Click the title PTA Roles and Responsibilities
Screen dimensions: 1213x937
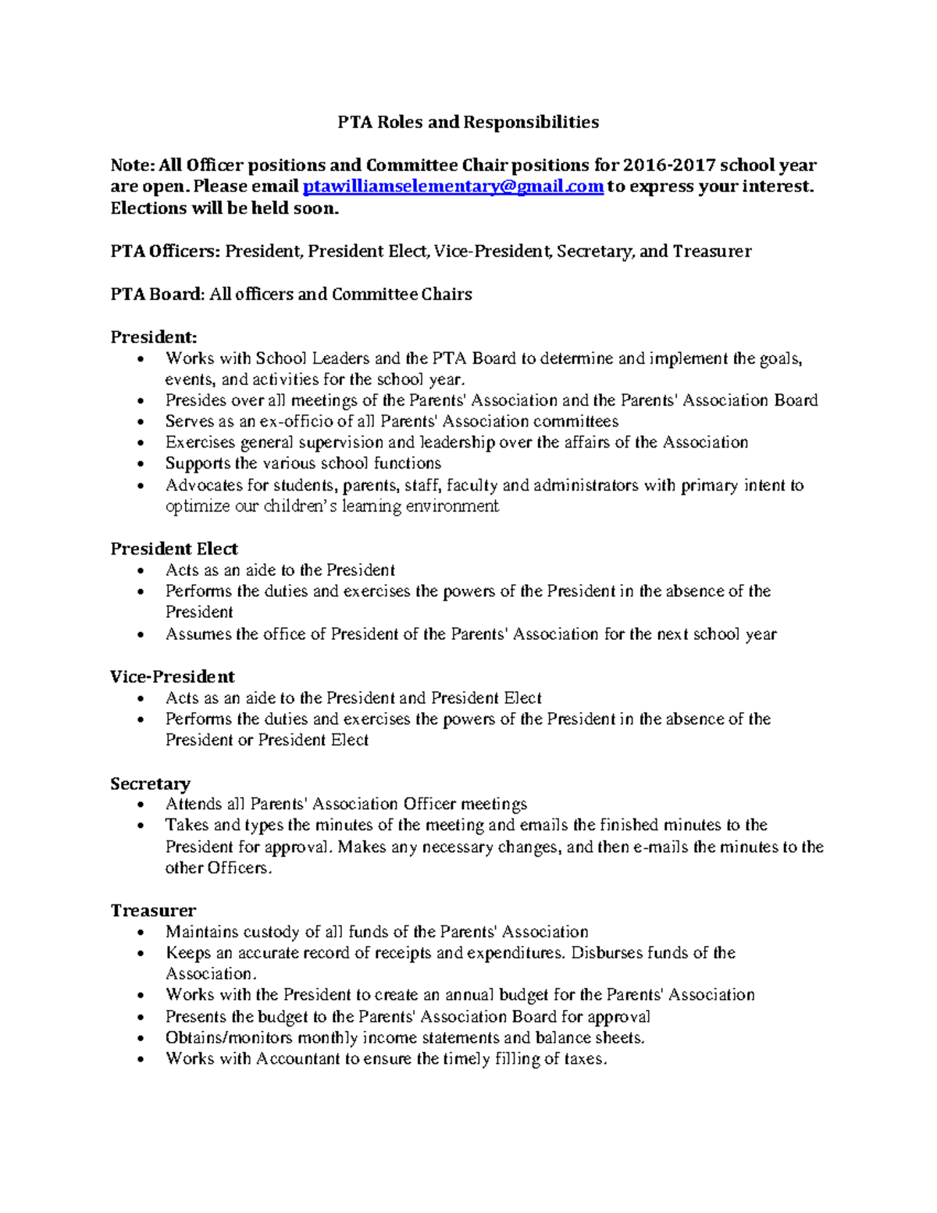[468, 122]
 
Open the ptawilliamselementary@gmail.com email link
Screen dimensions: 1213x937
[453, 187]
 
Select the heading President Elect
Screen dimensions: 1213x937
[174, 548]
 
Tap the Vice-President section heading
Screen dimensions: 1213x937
[173, 676]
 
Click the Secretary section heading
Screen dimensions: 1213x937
[151, 783]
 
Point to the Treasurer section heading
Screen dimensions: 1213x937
[153, 911]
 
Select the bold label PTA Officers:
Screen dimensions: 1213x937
[166, 252]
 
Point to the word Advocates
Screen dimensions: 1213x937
[204, 486]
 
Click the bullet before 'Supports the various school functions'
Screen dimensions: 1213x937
[140, 465]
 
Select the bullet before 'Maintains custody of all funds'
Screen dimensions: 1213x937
[140, 933]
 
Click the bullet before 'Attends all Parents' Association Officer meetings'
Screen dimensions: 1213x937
[140, 805]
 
